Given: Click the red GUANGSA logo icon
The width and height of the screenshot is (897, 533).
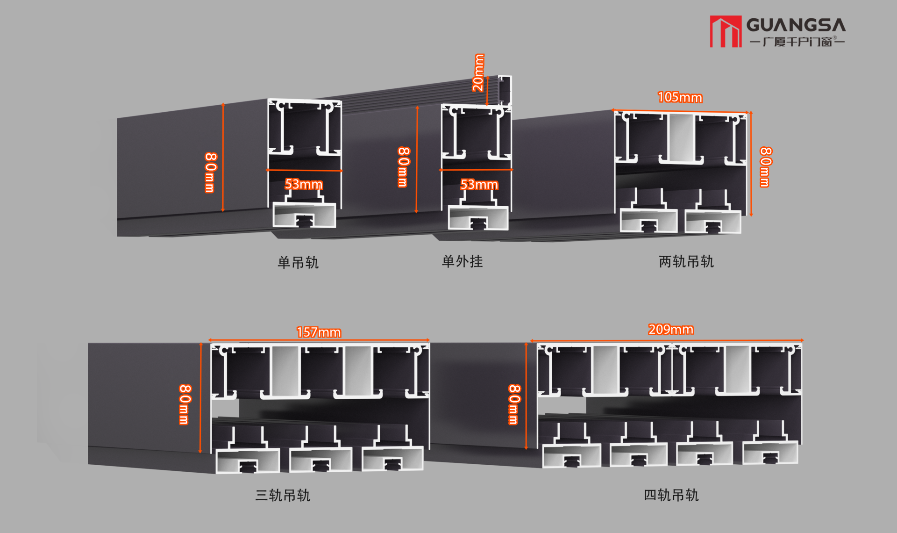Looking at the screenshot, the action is coord(726,31).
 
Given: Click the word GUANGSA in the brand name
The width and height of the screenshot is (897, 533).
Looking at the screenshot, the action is coord(796,25).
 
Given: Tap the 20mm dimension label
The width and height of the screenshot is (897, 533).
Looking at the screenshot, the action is coord(478,73).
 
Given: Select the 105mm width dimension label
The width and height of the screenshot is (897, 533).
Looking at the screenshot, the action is coord(680,97).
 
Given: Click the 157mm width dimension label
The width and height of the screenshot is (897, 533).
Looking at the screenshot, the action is coord(319,332).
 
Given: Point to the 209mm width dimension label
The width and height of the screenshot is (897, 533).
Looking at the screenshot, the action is coord(670,330).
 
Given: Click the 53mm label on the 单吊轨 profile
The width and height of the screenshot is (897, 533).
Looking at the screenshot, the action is coord(304,184).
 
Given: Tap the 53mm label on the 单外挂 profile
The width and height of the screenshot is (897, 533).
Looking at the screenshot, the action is coord(479,185).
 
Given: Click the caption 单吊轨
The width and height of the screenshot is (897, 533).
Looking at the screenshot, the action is coord(298,262).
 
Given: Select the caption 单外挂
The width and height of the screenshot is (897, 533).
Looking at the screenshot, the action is coord(462,261).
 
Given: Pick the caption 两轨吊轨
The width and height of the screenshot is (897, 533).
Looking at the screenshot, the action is coord(686,261).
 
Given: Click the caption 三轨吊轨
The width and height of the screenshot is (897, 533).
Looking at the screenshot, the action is coord(283,495).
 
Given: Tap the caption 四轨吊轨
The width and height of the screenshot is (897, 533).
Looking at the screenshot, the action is coord(671,495).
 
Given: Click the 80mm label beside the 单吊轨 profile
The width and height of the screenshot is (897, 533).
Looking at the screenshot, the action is coord(211,172).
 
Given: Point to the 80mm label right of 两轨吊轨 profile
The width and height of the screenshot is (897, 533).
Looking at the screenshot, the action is coord(766,167).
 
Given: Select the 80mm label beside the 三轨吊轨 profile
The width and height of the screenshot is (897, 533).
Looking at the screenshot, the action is coord(185,404).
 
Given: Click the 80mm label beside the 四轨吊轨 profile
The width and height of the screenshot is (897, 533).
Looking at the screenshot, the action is coord(514,404).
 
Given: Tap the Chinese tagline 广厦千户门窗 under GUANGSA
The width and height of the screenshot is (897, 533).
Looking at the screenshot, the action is coord(797,42).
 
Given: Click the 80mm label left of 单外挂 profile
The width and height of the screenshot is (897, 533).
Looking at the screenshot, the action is coord(404,167).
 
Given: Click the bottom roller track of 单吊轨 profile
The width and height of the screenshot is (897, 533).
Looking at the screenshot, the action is coord(304,215).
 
